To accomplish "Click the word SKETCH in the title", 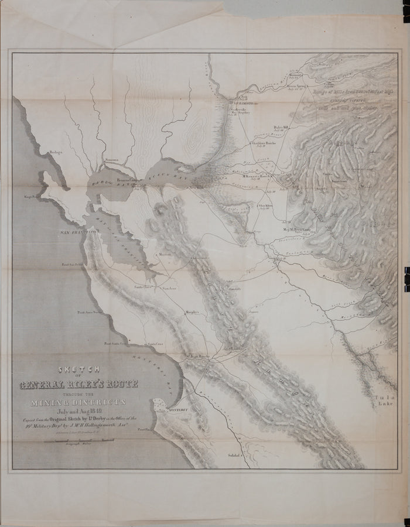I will pyautogui.click(x=80, y=369).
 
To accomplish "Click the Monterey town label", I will pyautogui.click(x=177, y=410).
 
